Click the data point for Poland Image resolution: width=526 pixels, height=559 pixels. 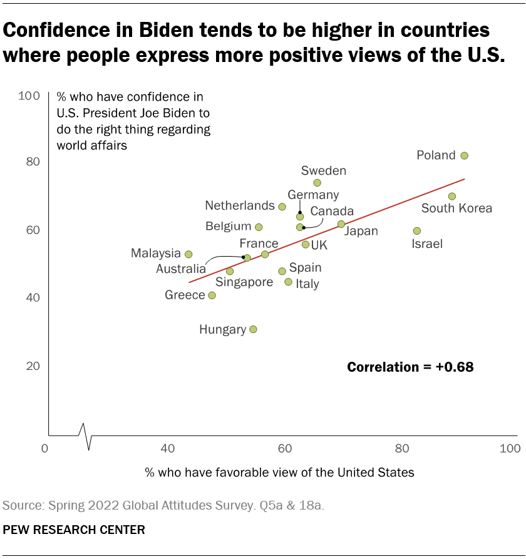point(464,156)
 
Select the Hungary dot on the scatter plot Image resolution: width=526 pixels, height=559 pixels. point(253,329)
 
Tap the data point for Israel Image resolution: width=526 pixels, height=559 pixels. point(417,231)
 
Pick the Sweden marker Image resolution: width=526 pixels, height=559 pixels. point(317,183)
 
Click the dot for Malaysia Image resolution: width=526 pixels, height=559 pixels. point(188,254)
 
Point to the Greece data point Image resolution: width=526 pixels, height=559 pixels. point(212,295)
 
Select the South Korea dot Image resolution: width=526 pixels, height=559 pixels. point(452,197)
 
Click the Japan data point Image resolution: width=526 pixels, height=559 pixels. point(341,224)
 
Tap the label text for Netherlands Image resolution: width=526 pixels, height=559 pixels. point(240,206)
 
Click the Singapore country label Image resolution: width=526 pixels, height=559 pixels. point(244,282)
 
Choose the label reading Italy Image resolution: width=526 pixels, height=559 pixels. point(307,284)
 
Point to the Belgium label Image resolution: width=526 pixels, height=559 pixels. point(228,227)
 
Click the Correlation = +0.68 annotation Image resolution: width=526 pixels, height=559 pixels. point(410,367)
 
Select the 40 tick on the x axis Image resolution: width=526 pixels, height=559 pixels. point(167,449)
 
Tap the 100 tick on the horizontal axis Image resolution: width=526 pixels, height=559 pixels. point(510,449)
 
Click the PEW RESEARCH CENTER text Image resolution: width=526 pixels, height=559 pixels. point(74,530)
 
